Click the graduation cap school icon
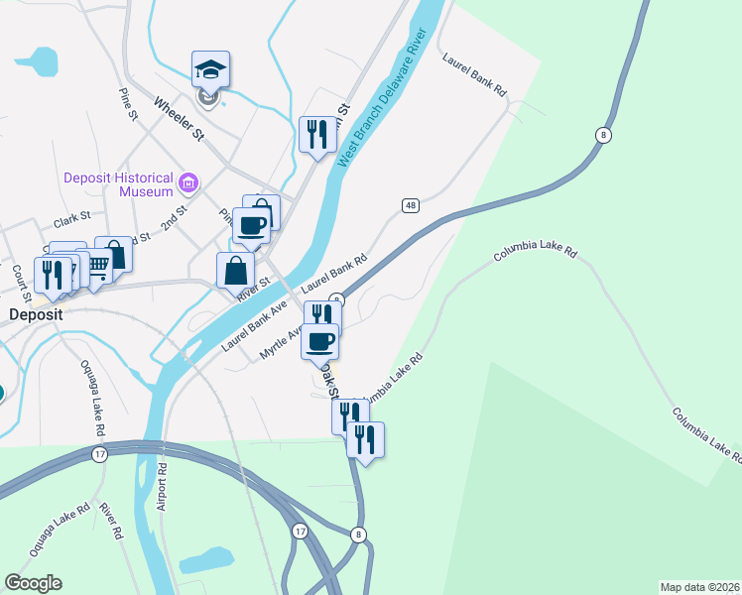210,69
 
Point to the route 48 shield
410,205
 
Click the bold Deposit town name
37,314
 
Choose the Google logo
33,583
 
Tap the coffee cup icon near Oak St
320,341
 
